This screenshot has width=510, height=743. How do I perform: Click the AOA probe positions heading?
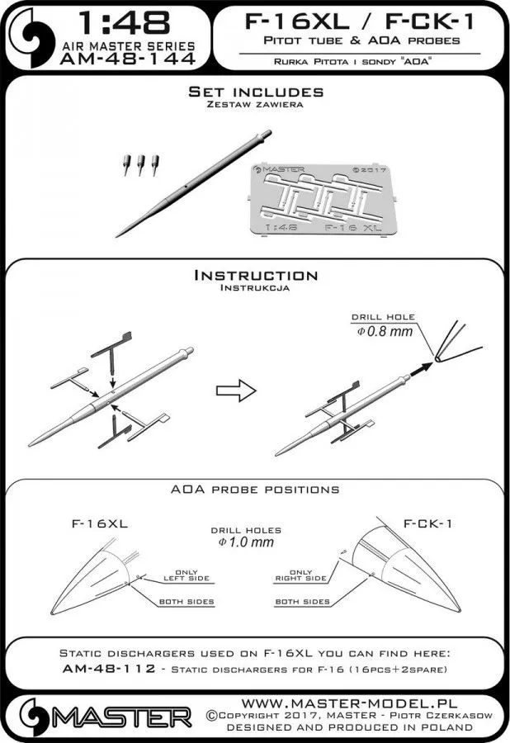tap(255, 490)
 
